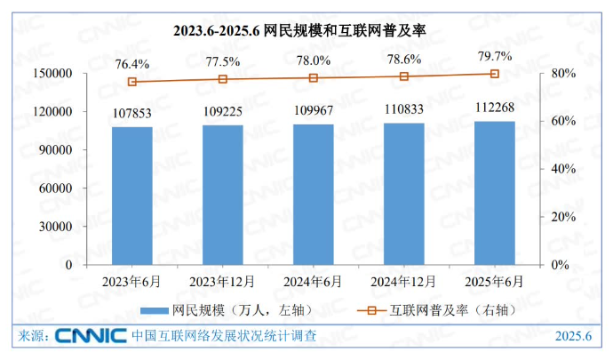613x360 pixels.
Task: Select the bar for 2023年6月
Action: tap(131, 196)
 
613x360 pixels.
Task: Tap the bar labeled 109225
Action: tap(222, 195)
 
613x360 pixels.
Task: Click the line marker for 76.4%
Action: tap(131, 82)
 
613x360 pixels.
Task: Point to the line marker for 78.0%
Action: tap(313, 78)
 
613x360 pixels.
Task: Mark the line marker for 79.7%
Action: tap(494, 74)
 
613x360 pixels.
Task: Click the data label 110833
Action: tap(403, 109)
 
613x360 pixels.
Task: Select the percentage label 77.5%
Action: tap(222, 61)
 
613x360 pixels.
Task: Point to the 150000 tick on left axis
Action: tap(52, 74)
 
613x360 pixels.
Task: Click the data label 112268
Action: tap(494, 108)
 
